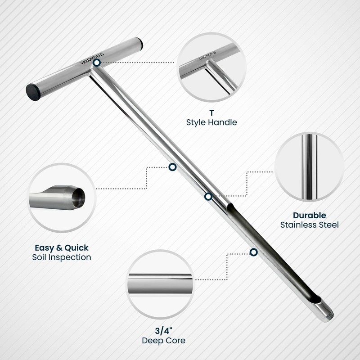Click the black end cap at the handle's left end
click(34, 91)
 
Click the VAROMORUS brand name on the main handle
click(88, 61)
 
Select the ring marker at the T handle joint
click(97, 63)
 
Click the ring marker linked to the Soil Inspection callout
click(172, 167)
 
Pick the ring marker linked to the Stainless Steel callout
click(208, 197)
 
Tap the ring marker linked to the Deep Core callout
click(254, 252)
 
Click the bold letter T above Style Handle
click(211, 113)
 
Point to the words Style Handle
click(211, 122)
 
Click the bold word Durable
click(309, 215)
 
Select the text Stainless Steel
click(309, 225)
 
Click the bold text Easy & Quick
click(62, 247)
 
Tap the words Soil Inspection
click(62, 257)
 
